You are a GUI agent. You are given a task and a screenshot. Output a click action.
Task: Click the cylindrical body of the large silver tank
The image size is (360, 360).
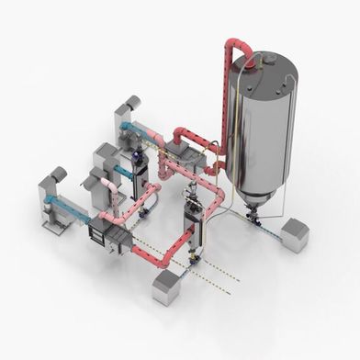[x=266, y=129]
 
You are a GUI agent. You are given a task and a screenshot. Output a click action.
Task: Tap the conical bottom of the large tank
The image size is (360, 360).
[x=261, y=197]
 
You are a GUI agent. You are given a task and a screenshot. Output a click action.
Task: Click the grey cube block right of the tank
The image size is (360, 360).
[x=295, y=236]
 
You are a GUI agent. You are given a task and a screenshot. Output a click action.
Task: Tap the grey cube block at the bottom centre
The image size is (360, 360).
[x=166, y=287]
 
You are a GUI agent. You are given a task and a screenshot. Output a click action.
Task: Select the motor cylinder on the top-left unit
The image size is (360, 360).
[x=131, y=102]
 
